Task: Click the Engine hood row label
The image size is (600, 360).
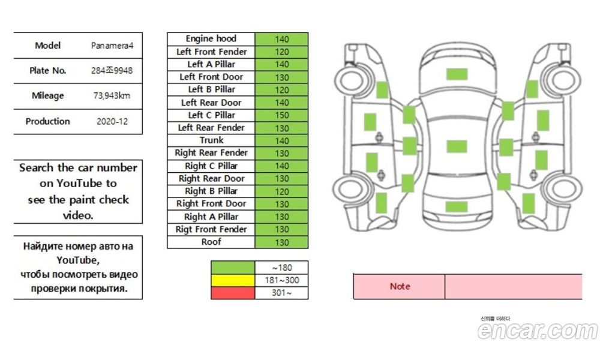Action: [211, 39]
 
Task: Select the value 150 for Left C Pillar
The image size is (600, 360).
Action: [281, 115]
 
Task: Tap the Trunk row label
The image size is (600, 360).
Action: [211, 140]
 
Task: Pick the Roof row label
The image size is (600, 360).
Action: [211, 242]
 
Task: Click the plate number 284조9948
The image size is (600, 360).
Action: [112, 71]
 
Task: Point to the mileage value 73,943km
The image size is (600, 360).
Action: [112, 96]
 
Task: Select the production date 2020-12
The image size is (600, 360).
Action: [112, 121]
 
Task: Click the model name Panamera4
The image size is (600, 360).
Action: [112, 46]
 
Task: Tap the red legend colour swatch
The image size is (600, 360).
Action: [232, 293]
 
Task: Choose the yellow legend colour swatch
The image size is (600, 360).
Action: [232, 280]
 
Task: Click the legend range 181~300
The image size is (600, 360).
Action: [281, 280]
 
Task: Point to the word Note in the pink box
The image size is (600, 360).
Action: [400, 286]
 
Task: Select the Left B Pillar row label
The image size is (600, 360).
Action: [211, 89]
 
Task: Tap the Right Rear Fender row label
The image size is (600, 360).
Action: [211, 153]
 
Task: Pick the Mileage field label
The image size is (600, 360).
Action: [47, 96]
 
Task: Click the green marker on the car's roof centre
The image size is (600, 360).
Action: [457, 146]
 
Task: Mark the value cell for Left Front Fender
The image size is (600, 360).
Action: [281, 52]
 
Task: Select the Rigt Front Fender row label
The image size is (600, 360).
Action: [211, 229]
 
